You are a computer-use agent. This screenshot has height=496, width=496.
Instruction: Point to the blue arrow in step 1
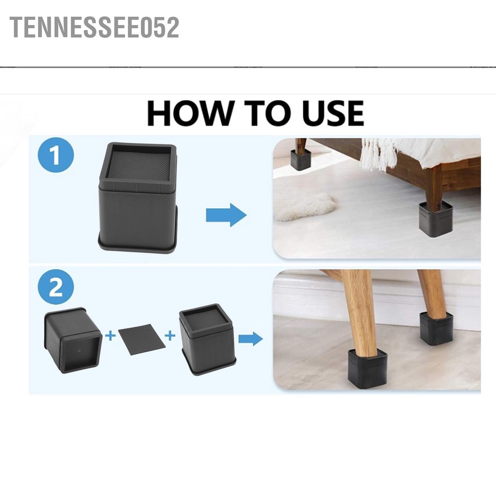pos(226,215)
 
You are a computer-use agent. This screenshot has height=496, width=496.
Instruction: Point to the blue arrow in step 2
pos(250,339)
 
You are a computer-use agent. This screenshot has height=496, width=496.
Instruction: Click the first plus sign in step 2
pos(110,335)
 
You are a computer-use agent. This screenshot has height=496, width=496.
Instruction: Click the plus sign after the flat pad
pos(170,335)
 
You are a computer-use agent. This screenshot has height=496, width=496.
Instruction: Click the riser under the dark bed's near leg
pos(435,219)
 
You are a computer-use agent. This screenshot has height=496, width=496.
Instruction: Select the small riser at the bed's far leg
pos(300,159)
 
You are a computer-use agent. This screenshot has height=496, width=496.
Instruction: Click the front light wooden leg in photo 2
pos(359,310)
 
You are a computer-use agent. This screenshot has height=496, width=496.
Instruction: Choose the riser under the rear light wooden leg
pos(436,328)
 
